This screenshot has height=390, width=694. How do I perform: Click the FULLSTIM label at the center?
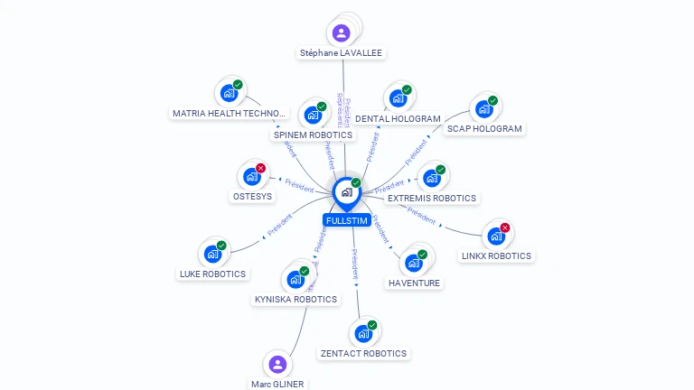tap(346, 220)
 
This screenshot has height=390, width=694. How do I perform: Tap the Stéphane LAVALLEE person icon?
tap(341, 33)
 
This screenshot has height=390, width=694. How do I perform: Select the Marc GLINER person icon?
tap(277, 365)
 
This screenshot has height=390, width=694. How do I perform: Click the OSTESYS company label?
tap(252, 196)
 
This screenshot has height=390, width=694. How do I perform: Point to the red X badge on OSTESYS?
tap(260, 168)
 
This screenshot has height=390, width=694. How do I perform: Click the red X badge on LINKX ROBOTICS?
tap(505, 227)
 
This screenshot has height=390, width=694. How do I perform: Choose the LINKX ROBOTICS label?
tap(496, 255)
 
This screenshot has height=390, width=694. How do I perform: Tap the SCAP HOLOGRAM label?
tap(484, 128)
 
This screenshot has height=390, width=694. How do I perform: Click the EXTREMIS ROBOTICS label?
tap(431, 198)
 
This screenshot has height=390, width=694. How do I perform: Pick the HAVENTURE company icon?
tap(413, 264)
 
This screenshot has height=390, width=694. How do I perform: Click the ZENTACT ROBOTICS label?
tap(363, 353)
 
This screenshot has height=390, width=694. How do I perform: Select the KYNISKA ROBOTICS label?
tap(295, 299)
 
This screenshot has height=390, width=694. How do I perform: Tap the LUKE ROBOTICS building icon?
tap(212, 255)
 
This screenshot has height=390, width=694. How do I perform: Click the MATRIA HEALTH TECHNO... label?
tap(229, 113)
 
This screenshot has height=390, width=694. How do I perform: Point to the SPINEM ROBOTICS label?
tap(313, 135)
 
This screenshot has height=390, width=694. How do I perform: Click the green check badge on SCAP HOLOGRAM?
tap(492, 101)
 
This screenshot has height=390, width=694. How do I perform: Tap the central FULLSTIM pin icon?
tap(346, 192)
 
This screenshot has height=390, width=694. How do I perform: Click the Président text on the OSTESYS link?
tap(299, 185)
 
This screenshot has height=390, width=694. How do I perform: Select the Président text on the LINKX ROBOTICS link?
tap(421, 213)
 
